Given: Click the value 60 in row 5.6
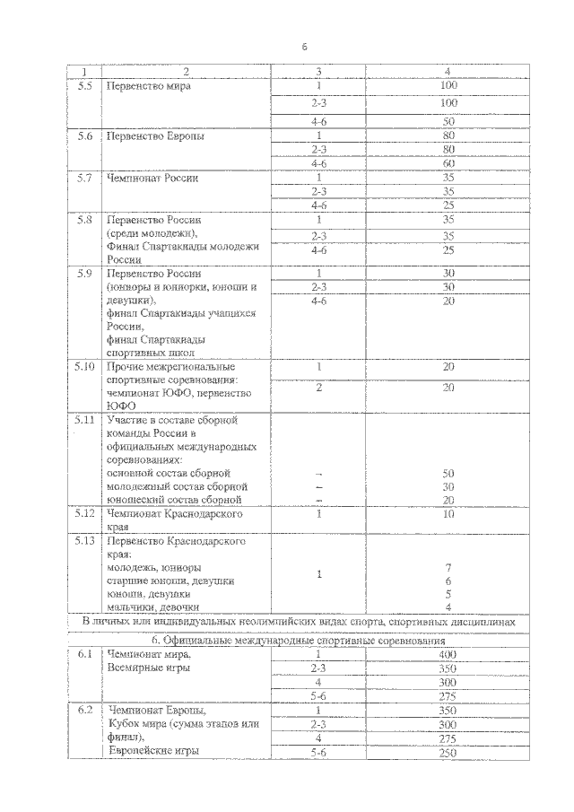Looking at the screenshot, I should click(448, 163).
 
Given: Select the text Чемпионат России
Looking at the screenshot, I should click(152, 178).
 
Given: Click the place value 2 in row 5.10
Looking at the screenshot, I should click(318, 387).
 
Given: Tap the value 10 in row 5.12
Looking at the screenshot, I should click(448, 514).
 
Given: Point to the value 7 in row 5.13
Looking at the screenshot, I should click(448, 568).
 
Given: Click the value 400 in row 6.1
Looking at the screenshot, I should click(448, 654).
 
